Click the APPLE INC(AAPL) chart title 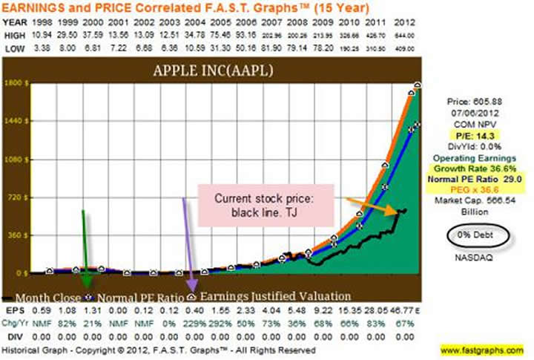(x=210, y=73)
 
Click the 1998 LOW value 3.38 (x=45, y=50)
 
